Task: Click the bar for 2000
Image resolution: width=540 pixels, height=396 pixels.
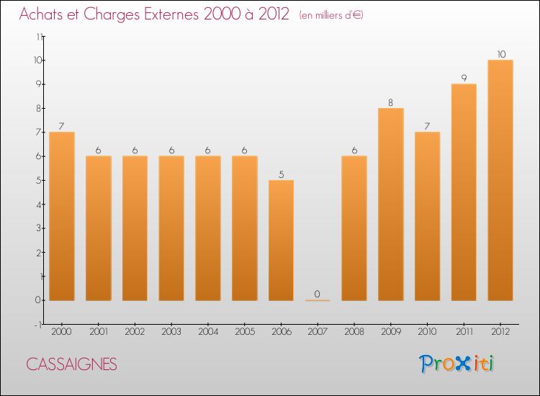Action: (x=62, y=216)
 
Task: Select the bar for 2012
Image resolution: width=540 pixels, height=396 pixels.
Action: (x=500, y=180)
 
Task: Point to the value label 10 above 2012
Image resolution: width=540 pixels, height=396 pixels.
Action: (x=500, y=54)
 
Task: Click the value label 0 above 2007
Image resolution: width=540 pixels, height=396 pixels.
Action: (x=318, y=294)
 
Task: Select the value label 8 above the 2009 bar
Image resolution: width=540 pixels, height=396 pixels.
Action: (x=391, y=102)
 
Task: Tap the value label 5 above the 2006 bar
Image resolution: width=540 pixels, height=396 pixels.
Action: (x=281, y=174)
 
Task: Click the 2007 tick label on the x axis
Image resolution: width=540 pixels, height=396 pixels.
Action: (x=318, y=331)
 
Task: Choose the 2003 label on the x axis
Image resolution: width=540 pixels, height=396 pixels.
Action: (x=171, y=331)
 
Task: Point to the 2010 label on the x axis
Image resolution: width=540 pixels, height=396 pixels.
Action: (x=427, y=331)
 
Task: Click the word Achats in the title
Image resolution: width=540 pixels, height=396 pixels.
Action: (x=40, y=14)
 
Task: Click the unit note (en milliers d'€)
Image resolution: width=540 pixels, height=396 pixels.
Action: (x=332, y=15)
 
